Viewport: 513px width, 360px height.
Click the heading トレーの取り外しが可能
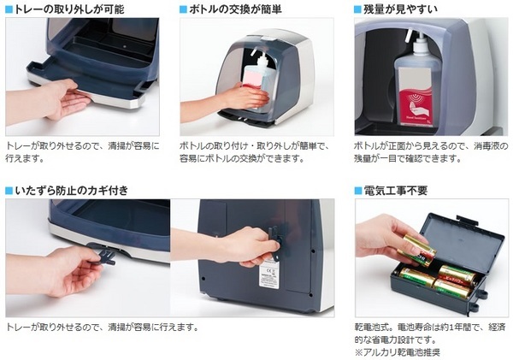coord(69,9)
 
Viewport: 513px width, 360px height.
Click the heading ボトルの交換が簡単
coord(235,9)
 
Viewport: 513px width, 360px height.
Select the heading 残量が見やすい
coord(400,9)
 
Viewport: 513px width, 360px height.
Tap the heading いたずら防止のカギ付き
coord(71,191)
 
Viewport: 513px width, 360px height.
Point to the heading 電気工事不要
coord(396,191)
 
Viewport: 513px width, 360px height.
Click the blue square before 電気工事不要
coord(358,191)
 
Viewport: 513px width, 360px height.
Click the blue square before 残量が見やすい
coord(357,9)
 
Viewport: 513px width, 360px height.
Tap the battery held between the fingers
coord(417,250)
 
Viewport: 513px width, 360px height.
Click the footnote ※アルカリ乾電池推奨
coord(398,352)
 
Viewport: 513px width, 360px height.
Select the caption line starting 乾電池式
coord(429,328)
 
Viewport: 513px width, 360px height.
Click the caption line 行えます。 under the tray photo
coord(25,158)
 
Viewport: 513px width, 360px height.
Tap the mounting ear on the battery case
coord(474,306)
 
